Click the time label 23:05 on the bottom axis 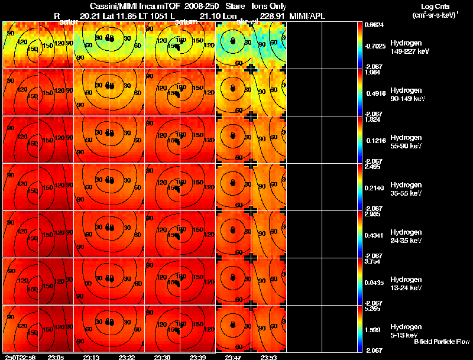pos(56,357)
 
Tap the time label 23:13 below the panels pos(91,357)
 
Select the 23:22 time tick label pos(127,357)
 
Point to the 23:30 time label pos(162,357)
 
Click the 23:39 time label pos(198,357)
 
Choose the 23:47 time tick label pos(234,357)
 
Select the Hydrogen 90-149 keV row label pos(406,95)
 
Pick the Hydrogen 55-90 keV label pos(406,142)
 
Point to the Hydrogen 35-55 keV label pos(406,189)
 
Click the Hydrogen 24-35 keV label pos(406,236)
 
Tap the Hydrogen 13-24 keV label pos(406,284)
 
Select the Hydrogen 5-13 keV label pos(406,331)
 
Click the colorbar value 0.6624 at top pos(374,25)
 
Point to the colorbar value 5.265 pos(372,308)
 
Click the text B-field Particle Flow pos(441,342)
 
